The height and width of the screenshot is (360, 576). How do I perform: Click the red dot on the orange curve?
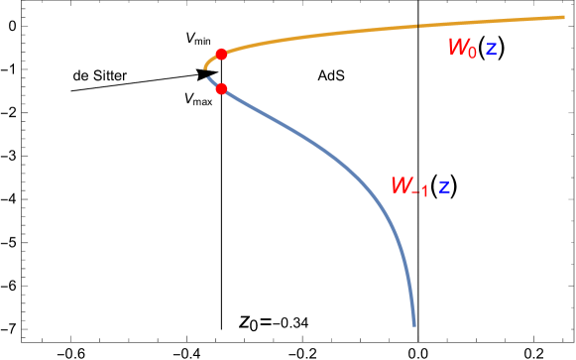(221, 55)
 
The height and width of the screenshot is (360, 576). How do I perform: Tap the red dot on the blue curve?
(221, 88)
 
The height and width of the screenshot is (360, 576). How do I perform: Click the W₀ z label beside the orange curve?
(472, 48)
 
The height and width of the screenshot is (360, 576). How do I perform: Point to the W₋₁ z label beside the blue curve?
(420, 186)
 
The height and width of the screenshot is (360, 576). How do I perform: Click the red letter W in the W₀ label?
(458, 47)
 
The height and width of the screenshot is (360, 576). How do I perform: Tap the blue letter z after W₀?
(491, 49)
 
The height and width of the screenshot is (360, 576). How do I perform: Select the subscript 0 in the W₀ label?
(473, 53)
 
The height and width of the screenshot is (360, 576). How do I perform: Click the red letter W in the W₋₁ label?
(402, 185)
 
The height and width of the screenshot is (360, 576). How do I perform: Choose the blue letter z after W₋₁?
(444, 186)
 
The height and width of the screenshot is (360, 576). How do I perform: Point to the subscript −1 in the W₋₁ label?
(420, 191)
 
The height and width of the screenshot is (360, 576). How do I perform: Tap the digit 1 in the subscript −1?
(424, 191)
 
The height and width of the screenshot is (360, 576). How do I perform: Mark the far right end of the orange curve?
(563, 17)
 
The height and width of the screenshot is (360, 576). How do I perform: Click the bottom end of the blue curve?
(413, 323)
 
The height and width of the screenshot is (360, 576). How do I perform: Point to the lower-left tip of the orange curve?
(205, 67)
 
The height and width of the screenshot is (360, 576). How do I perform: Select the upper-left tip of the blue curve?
(208, 77)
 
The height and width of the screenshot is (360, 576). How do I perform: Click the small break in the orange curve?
(417, 26)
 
